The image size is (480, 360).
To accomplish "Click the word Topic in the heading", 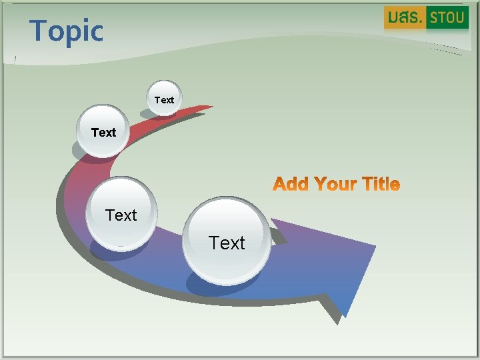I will (67, 31).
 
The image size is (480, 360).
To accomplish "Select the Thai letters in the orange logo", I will (404, 17).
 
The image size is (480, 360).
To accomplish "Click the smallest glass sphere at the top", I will (163, 100).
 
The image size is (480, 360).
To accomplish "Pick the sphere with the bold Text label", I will (103, 131).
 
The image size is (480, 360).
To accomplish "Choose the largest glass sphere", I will (227, 241).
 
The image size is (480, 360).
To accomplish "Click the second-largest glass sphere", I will (122, 213).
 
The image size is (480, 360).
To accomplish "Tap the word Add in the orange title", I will (291, 184).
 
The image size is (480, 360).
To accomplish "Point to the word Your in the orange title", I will (335, 184).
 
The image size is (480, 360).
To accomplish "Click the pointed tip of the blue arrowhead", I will (346, 315).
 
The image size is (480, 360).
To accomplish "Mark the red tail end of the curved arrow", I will (208, 107).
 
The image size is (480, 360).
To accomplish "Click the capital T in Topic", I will (39, 31).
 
